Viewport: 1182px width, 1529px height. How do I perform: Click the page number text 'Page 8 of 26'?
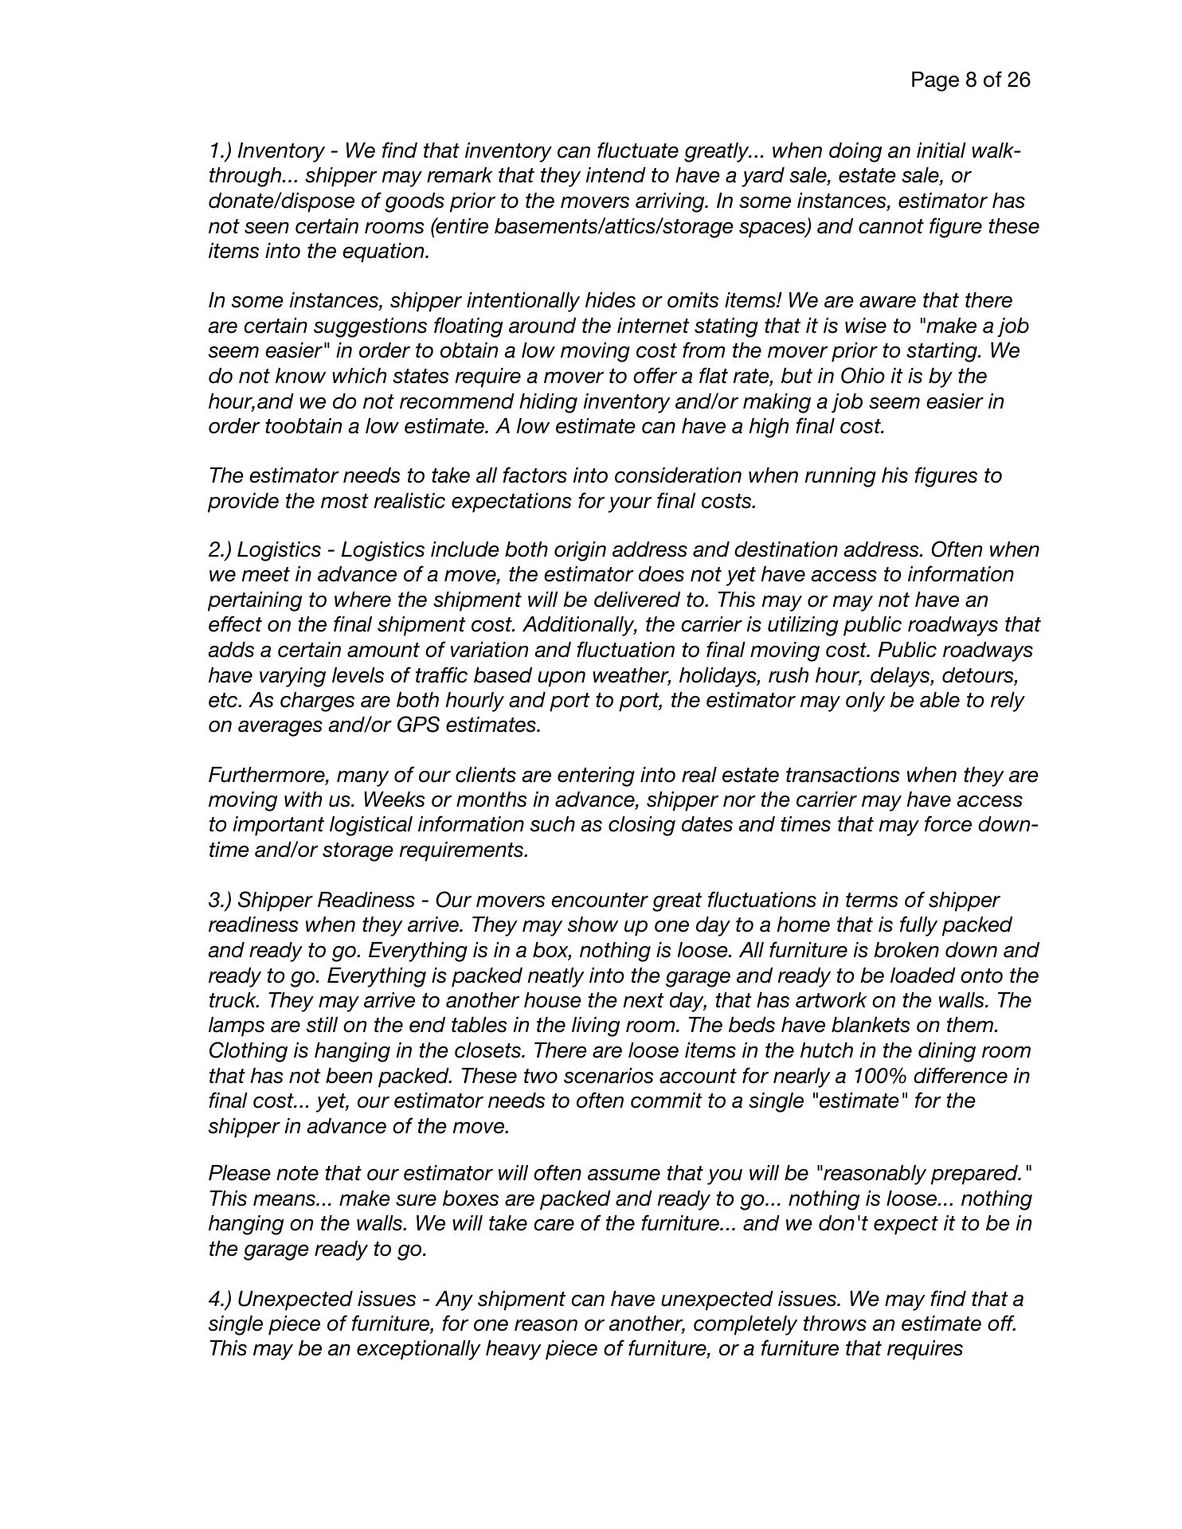[x=970, y=80]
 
